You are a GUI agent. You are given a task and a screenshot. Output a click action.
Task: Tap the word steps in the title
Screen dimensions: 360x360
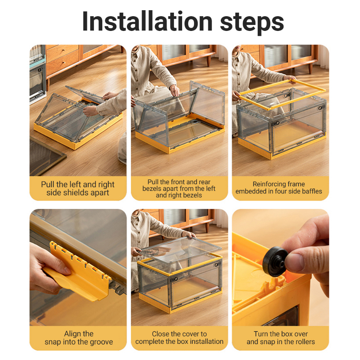pyautogui.click(x=252, y=22)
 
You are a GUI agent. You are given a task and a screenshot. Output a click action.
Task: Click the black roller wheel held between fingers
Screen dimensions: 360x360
pyautogui.click(x=275, y=261)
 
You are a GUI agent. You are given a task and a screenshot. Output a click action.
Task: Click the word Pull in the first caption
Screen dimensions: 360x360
pyautogui.click(x=48, y=184)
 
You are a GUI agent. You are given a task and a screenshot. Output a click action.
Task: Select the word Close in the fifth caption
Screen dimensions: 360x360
pyautogui.click(x=160, y=334)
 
